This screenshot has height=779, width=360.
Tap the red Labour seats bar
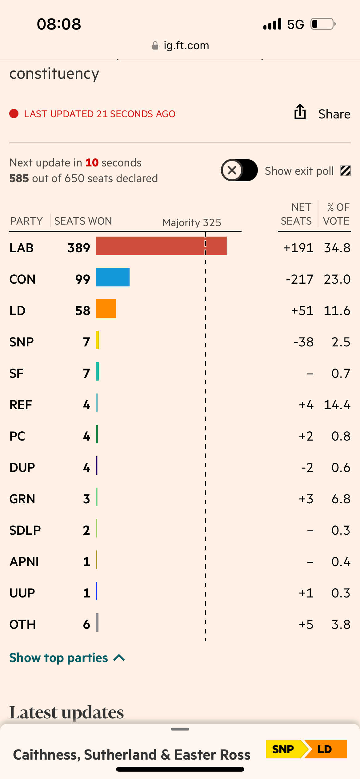[161, 246]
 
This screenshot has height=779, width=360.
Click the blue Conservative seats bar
[113, 277]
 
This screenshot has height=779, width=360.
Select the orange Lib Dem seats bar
[106, 309]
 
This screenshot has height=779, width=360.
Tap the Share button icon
[300, 112]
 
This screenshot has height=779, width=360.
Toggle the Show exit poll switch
[239, 170]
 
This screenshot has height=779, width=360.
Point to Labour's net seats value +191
[298, 248]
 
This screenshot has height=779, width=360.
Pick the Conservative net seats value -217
[299, 279]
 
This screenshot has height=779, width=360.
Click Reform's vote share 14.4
[337, 405]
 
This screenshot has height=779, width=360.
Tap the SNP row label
[22, 342]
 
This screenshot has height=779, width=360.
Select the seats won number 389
[79, 248]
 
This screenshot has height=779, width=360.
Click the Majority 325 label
[192, 222]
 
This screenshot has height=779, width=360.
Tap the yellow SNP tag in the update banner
[283, 749]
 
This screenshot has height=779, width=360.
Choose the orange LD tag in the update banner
[326, 749]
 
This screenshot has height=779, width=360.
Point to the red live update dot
[14, 114]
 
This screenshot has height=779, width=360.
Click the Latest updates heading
[66, 712]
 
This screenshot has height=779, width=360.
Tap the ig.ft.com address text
[186, 46]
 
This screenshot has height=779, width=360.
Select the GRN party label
[22, 499]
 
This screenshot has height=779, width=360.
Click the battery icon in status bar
[322, 24]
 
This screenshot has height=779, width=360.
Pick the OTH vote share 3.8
[341, 625]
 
